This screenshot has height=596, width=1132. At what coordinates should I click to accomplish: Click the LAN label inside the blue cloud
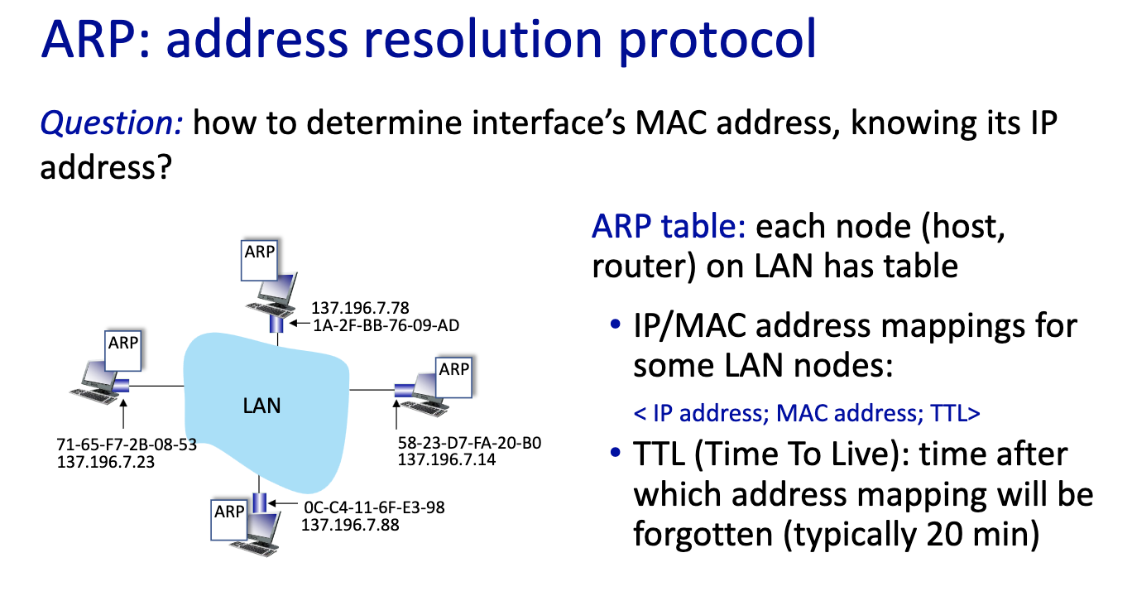[x=261, y=406]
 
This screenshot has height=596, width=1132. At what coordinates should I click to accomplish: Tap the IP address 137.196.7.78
[x=360, y=308]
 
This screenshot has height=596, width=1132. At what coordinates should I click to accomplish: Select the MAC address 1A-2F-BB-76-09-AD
[x=386, y=325]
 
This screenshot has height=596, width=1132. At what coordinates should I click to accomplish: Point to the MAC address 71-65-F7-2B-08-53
[x=127, y=445]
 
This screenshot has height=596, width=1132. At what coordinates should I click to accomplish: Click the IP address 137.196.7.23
[x=106, y=462]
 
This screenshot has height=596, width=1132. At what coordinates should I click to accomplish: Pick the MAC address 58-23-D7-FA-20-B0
[x=469, y=443]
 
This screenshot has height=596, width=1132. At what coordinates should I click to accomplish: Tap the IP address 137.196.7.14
[x=447, y=459]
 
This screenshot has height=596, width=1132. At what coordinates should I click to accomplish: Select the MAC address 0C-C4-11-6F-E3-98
[x=375, y=507]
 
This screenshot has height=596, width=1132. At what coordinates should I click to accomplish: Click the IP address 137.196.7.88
[x=350, y=525]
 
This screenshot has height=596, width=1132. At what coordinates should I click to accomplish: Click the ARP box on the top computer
[x=259, y=261]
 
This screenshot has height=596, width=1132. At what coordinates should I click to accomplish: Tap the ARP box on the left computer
[x=122, y=351]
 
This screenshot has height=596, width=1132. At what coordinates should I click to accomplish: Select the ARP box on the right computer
[x=453, y=377]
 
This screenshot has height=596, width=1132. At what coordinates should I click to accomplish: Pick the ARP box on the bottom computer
[x=229, y=520]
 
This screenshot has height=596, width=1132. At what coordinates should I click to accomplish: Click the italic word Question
[x=111, y=123]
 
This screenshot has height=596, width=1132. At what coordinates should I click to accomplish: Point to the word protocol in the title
[x=717, y=41]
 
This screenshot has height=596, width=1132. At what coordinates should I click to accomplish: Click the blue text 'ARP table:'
[x=669, y=226]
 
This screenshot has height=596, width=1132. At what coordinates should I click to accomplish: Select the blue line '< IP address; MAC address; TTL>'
[x=807, y=413]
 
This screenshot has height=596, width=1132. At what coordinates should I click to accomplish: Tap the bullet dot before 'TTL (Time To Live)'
[x=615, y=451]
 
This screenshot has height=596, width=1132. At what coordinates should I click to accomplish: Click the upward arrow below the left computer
[x=123, y=413]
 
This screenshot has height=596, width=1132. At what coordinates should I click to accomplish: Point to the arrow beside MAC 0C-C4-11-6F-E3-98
[x=283, y=503]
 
